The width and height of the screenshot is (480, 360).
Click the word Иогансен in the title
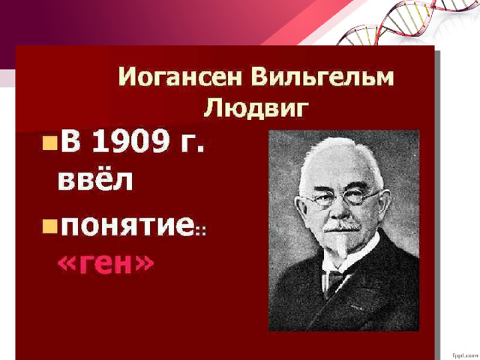pyautogui.click(x=180, y=76)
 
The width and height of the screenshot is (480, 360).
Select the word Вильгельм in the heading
pyautogui.click(x=322, y=76)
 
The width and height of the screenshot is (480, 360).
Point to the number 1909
pyautogui.click(x=130, y=141)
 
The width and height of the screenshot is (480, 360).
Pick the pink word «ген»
pyautogui.click(x=106, y=263)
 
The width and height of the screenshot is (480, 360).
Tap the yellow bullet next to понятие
pyautogui.click(x=50, y=226)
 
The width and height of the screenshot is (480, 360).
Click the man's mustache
pyautogui.click(x=342, y=227)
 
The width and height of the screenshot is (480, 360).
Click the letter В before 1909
pyautogui.click(x=70, y=141)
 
